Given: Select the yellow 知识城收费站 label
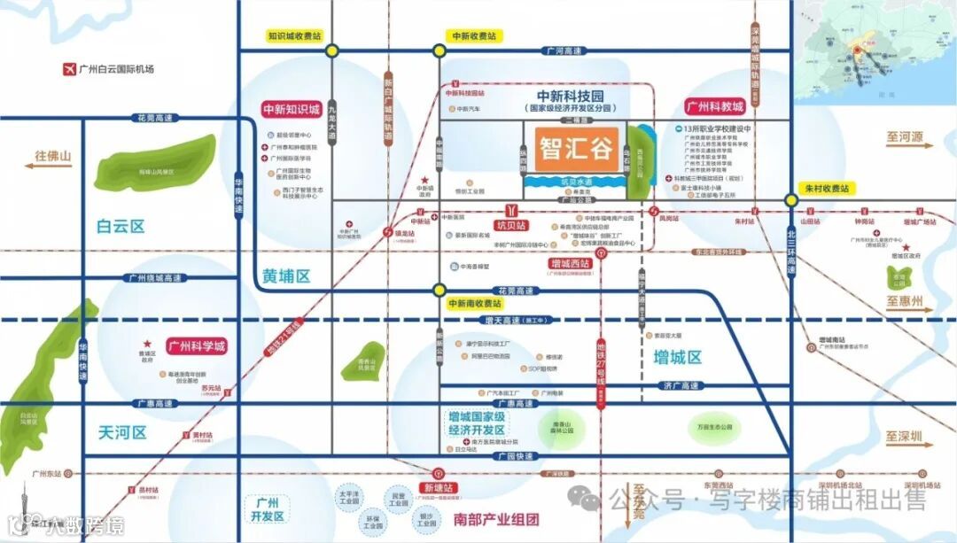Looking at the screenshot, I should coord(294,36).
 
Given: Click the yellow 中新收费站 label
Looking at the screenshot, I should coord(475,36).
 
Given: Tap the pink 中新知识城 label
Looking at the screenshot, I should coord(291,110).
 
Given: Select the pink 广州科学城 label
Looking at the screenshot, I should coord(196,345).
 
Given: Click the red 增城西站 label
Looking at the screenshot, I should coord(569,263).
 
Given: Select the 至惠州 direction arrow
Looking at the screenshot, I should coord(904,302).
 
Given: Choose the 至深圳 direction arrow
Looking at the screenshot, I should coord(904,437).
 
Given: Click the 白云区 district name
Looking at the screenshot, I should coord(120,227).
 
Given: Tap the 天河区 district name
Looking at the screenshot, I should coord(121,432).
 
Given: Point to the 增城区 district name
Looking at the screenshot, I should coord(677,358).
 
